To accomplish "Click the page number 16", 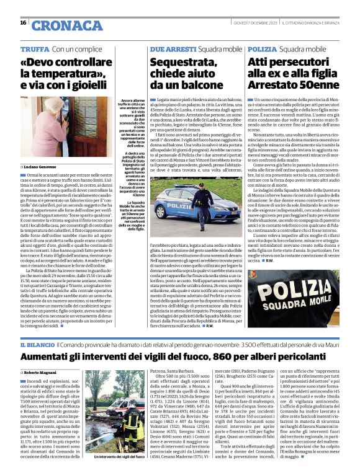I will pos(23,23).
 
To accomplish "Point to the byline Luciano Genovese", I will pos(43,167).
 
